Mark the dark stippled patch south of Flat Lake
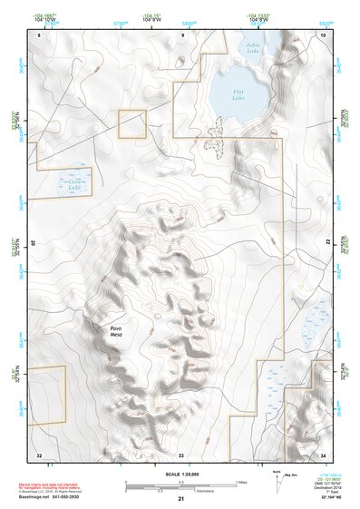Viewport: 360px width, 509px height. tap(216, 142)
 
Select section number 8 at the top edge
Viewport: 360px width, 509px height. tap(40, 34)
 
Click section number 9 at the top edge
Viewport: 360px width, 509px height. tap(182, 34)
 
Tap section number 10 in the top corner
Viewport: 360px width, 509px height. tap(323, 34)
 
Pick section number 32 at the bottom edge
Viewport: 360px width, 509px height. tap(39, 454)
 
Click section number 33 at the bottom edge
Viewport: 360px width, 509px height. tap(180, 454)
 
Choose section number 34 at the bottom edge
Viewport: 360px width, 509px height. tap(324, 454)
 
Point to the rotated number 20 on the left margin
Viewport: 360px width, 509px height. tap(34, 243)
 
